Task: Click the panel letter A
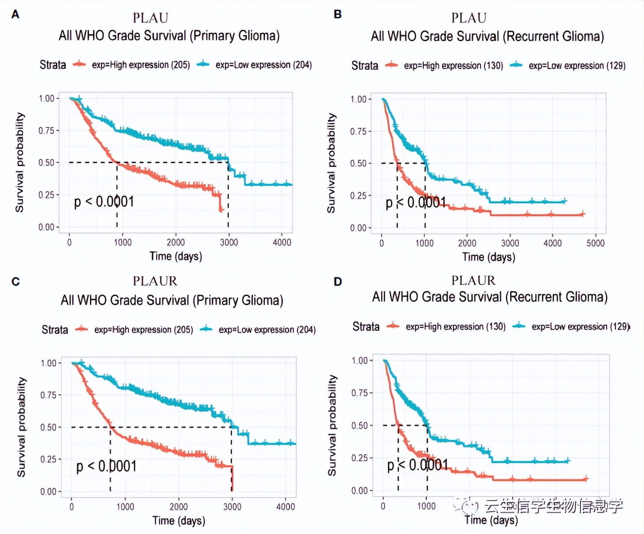click(16, 15)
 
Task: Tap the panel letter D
click(338, 282)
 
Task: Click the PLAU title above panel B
click(468, 18)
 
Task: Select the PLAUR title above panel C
click(155, 281)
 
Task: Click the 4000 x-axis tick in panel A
click(282, 242)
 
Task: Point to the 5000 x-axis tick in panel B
click(595, 243)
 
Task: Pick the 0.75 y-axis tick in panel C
click(48, 395)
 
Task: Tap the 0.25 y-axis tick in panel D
click(359, 458)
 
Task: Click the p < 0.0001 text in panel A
click(104, 202)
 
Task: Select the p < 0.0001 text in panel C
click(106, 466)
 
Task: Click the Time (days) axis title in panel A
click(176, 256)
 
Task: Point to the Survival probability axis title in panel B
click(331, 163)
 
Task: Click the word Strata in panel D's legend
click(366, 327)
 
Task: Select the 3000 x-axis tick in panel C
click(232, 507)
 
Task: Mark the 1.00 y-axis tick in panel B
click(358, 99)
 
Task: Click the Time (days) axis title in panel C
click(178, 520)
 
